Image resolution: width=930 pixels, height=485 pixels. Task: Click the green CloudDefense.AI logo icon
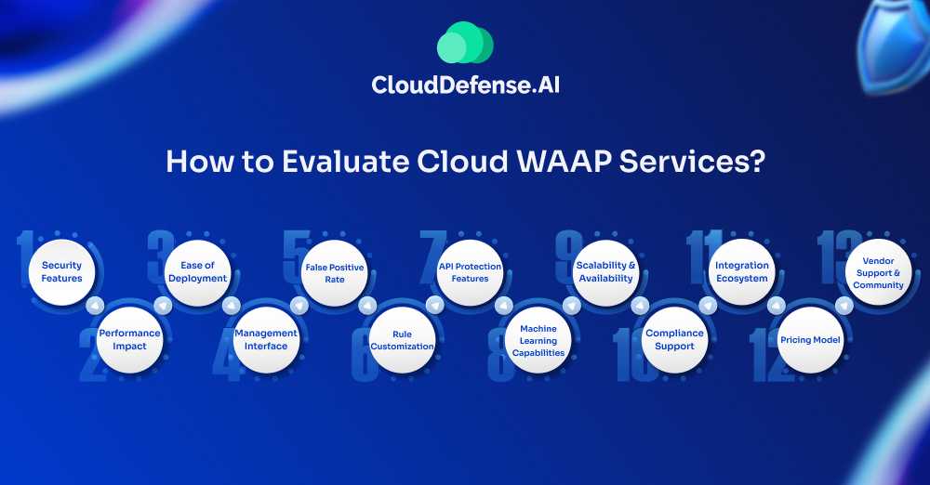click(465, 44)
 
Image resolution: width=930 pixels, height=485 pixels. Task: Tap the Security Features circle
click(62, 272)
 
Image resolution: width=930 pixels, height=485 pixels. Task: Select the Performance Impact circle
click(129, 340)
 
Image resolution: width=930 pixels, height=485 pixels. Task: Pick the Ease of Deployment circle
click(197, 272)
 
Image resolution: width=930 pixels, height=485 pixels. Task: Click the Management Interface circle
click(266, 340)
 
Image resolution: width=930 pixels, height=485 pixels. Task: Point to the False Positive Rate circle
click(335, 272)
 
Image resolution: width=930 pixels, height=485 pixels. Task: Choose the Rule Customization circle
click(402, 340)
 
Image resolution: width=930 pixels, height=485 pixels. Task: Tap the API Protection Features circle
click(470, 272)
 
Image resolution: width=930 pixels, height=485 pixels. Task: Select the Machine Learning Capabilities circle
click(538, 340)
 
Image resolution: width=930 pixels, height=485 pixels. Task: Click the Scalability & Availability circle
click(606, 272)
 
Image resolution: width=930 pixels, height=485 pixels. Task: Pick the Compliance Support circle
click(674, 340)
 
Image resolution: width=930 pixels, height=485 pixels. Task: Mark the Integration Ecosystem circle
click(742, 272)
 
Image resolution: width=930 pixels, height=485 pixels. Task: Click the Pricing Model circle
click(810, 340)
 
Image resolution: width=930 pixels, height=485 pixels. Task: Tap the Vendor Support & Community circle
click(878, 272)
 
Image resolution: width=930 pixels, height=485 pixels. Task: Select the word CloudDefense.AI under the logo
click(465, 85)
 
